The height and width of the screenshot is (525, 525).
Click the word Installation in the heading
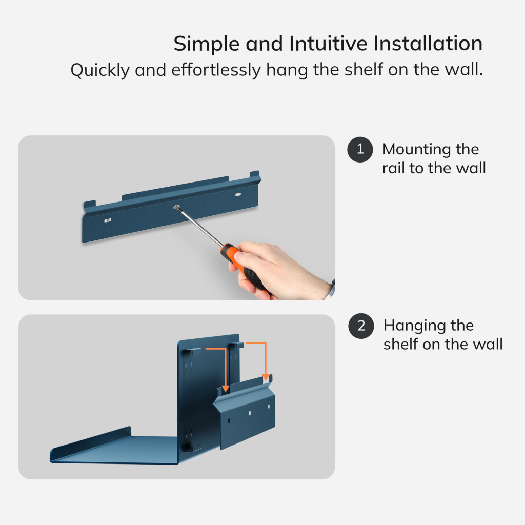tap(428, 44)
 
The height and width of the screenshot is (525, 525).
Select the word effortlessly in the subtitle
tap(216, 70)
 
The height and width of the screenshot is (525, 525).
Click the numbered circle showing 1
tap(360, 149)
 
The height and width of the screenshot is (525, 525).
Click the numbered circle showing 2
tap(361, 326)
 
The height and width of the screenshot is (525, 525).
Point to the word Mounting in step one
tap(416, 150)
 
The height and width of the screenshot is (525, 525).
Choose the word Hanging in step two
tap(414, 326)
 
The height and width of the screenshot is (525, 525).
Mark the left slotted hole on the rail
tap(108, 220)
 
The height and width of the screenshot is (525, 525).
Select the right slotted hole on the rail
tap(238, 194)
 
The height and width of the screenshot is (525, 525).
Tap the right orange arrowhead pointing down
tap(266, 377)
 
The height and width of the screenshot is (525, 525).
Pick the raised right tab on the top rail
tap(255, 175)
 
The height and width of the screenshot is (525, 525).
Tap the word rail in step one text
tap(393, 168)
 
